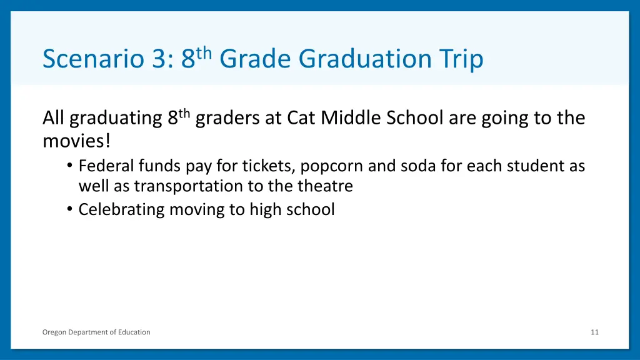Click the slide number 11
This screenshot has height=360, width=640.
click(x=594, y=332)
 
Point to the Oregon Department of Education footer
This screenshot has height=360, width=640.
click(x=96, y=332)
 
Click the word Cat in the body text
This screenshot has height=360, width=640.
click(x=301, y=118)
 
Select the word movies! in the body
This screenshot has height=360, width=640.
click(x=76, y=141)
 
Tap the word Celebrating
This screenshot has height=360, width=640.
click(x=120, y=209)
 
